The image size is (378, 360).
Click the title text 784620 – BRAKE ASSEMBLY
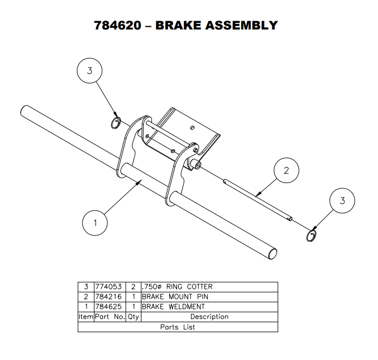point(186,25)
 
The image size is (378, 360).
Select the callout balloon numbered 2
point(286,170)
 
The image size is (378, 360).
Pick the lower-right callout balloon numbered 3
point(342,201)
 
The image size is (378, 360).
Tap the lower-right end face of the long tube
point(273,253)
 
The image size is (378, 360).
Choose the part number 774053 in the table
point(109,287)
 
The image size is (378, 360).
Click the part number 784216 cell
point(109,297)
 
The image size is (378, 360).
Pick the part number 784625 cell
point(109,307)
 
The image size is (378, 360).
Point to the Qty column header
point(134,317)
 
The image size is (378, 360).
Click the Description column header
point(209,317)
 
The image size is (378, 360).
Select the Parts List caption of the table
point(178,327)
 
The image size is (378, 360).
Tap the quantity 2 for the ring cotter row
point(134,287)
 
